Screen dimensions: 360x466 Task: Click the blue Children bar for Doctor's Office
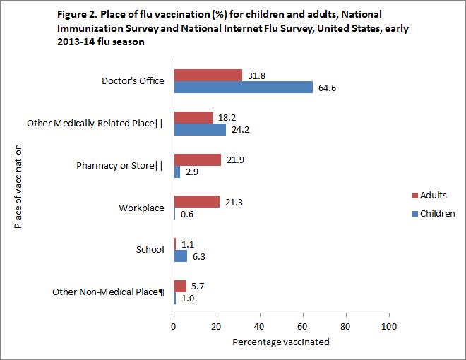(x=244, y=88)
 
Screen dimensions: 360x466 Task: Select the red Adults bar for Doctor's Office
(x=208, y=75)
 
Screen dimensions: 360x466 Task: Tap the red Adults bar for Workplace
(x=197, y=202)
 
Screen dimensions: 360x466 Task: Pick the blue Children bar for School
(x=181, y=256)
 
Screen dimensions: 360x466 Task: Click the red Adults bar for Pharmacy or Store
(x=198, y=160)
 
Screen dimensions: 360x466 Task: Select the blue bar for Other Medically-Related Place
(x=200, y=130)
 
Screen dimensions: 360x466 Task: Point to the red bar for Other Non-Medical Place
(x=180, y=286)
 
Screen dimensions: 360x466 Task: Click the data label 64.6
(x=328, y=88)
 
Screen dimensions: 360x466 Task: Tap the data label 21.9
(x=236, y=160)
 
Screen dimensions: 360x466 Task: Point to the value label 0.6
(x=187, y=215)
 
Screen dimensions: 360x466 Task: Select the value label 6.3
(x=199, y=256)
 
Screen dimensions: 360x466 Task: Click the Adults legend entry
(x=434, y=196)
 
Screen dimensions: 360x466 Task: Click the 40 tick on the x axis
(x=260, y=327)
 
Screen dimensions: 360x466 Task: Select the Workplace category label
(x=141, y=208)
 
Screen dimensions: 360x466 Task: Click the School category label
(x=150, y=249)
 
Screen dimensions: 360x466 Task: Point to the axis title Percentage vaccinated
(x=280, y=342)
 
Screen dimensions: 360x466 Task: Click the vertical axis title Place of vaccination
(x=18, y=186)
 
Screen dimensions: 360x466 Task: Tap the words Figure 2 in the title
(x=75, y=14)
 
